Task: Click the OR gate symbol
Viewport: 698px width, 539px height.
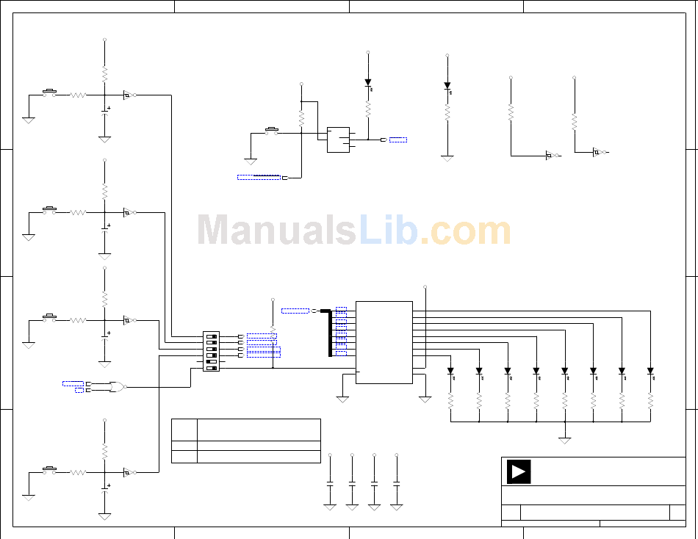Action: [116, 386]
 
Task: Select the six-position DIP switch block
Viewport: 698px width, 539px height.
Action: [211, 352]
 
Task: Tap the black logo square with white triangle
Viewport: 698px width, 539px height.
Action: [519, 471]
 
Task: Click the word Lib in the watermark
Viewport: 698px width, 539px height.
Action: [388, 231]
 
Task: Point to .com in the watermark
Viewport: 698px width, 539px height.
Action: [465, 231]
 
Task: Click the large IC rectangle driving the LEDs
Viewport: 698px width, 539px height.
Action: [384, 341]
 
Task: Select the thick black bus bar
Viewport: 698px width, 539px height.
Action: [329, 333]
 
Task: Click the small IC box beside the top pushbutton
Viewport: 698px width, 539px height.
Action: [339, 140]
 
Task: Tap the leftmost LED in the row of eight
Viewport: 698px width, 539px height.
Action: [450, 372]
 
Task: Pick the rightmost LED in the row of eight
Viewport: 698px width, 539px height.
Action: [650, 372]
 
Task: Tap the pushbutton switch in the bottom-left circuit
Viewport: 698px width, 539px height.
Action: [50, 469]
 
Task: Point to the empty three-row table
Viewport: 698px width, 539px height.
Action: [246, 441]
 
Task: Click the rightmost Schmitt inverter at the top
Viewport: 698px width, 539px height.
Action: [597, 153]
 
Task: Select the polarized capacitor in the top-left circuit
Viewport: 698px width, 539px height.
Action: [104, 114]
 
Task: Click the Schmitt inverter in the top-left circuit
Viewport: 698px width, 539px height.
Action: [127, 95]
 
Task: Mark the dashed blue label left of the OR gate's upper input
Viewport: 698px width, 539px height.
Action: [73, 383]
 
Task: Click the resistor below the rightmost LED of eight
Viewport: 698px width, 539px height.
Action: [650, 401]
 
